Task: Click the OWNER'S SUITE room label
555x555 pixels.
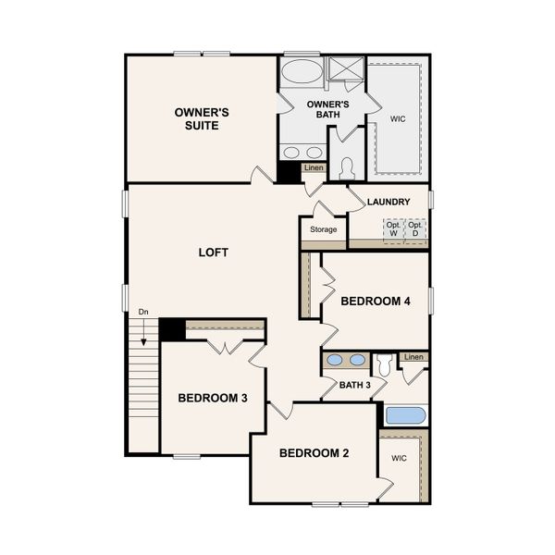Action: (x=202, y=118)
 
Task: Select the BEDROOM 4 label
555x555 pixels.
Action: (x=375, y=301)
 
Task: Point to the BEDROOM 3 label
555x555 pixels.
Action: (x=212, y=399)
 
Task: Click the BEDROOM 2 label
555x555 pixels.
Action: (x=314, y=453)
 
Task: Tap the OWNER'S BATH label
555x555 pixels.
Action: (x=327, y=110)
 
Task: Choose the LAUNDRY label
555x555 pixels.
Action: (x=388, y=202)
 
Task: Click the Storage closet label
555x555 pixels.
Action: (x=323, y=229)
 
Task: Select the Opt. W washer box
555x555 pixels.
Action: (x=394, y=228)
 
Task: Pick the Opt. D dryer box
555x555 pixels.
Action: (x=417, y=228)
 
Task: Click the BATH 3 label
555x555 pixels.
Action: (x=354, y=385)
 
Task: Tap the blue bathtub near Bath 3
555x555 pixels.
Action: (x=404, y=415)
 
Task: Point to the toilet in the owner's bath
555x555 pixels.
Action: (x=348, y=168)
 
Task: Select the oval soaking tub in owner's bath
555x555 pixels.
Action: (x=302, y=72)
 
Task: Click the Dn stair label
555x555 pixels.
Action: (x=143, y=312)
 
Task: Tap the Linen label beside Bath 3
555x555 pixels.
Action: (x=413, y=357)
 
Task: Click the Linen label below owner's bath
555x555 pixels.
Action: (x=314, y=167)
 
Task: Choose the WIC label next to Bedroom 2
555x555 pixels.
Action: (x=399, y=458)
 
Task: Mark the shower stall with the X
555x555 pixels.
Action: (x=345, y=70)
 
